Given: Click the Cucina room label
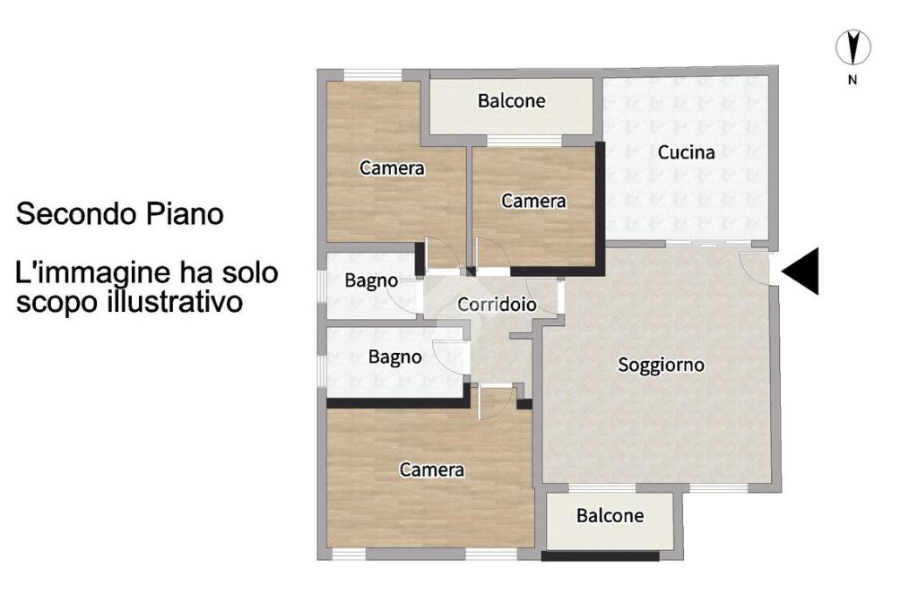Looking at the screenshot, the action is click(686, 152).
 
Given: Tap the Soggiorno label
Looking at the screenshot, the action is click(661, 366).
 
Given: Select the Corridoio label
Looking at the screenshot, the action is click(497, 305).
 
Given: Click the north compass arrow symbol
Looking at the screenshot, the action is click(853, 47).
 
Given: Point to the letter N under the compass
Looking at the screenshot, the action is click(853, 80).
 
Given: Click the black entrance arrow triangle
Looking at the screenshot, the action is click(801, 271).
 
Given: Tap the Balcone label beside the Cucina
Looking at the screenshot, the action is click(511, 100).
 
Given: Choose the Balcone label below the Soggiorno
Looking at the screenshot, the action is click(610, 516).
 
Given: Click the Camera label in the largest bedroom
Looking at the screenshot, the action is click(431, 469).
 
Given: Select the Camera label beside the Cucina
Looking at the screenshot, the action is click(533, 202).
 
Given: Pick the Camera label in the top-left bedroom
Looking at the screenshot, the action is click(392, 168).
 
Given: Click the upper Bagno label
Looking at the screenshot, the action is click(371, 281).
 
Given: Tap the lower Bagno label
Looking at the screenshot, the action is click(394, 357).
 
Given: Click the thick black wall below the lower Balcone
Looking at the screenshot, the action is click(600, 556).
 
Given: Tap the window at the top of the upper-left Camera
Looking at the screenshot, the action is click(373, 75).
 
